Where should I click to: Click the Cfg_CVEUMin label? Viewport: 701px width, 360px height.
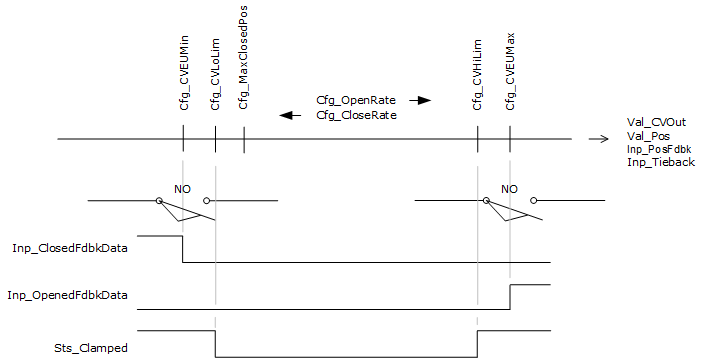(184, 72)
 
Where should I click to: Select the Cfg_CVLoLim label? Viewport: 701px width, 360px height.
(215, 74)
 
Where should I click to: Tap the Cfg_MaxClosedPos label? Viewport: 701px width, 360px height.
(243, 58)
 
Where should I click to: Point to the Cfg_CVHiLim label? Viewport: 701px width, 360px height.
(477, 75)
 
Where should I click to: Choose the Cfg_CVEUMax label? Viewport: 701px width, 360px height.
(510, 72)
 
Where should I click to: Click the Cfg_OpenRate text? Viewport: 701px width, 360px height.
(356, 100)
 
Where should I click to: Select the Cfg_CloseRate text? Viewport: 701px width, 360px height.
(356, 115)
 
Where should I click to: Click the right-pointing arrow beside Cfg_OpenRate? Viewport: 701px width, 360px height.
(420, 101)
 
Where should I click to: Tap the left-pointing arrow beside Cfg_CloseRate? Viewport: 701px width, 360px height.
(290, 116)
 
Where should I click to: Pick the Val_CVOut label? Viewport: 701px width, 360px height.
(656, 123)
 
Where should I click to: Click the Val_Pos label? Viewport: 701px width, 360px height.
(648, 136)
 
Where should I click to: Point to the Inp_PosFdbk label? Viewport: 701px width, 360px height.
(659, 149)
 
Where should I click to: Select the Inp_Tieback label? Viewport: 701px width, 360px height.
(661, 162)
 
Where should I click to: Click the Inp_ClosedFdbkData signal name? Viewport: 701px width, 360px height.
(70, 248)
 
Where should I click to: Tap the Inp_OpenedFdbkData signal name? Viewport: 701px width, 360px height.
(67, 295)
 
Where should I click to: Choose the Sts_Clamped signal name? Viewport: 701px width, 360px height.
(91, 348)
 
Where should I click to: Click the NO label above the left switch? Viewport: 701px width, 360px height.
(182, 189)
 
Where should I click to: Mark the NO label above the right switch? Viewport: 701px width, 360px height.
(509, 189)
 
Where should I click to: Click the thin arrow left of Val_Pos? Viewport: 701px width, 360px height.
(599, 139)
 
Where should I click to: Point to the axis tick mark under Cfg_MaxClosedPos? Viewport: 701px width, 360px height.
(244, 140)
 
